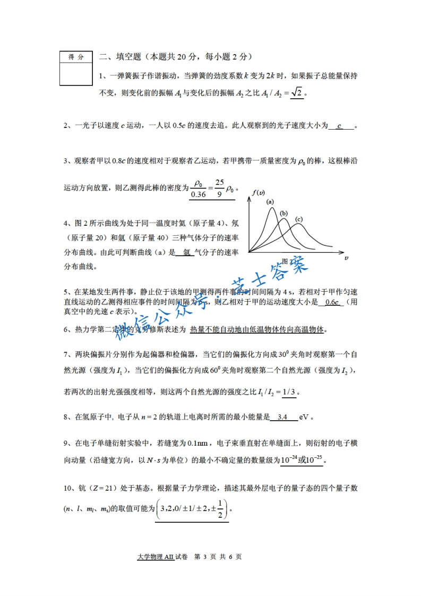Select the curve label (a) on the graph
tap(270, 202)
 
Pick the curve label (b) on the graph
tap(284, 213)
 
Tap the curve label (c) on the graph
tap(299, 219)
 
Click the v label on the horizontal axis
tap(346, 258)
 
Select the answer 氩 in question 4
tap(186, 253)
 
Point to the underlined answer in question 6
tap(257, 329)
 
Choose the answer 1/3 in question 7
tap(289, 393)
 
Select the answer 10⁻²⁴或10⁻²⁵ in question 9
tap(302, 459)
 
